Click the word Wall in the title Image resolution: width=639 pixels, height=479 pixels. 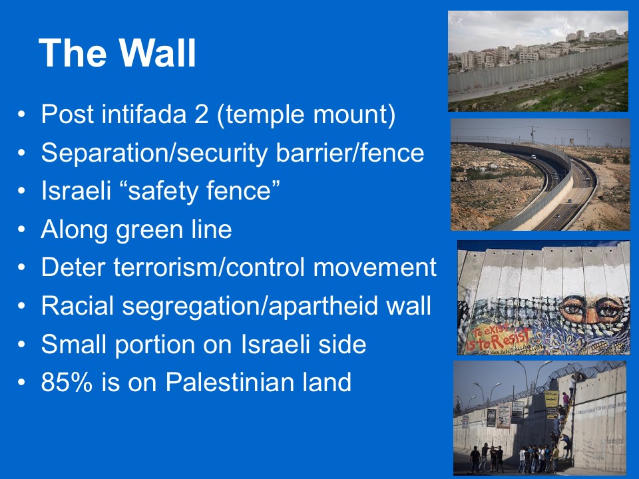(158, 53)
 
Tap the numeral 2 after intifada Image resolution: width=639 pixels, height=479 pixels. (201, 114)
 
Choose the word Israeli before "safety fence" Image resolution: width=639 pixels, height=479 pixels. (76, 190)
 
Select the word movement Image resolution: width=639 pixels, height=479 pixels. (375, 267)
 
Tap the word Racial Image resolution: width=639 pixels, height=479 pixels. (77, 305)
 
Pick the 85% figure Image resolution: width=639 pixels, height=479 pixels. (67, 382)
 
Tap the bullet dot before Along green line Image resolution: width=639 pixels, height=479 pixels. (21, 230)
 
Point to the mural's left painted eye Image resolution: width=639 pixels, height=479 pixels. (572, 308)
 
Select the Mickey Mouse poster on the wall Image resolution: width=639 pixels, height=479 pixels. (491, 417)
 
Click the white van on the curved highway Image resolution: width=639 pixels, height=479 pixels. (533, 157)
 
